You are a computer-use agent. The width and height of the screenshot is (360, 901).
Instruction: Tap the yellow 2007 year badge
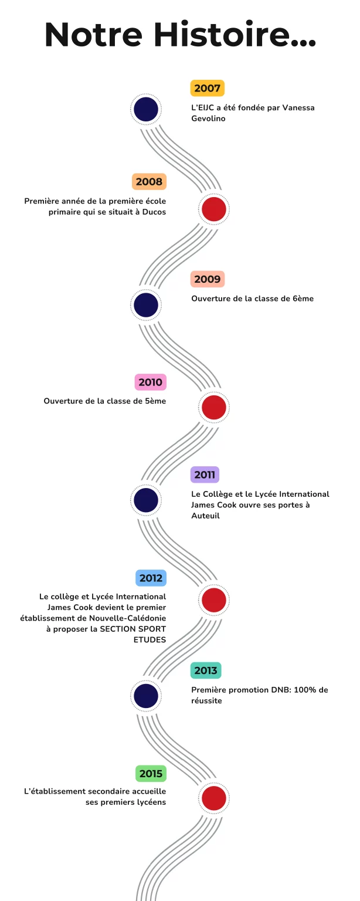207,88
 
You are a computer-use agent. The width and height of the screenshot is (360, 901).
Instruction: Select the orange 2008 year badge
149,181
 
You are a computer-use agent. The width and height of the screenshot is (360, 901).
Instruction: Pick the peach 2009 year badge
207,279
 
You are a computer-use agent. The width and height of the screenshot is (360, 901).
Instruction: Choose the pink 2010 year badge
150,382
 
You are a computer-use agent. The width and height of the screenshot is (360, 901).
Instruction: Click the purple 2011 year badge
205,475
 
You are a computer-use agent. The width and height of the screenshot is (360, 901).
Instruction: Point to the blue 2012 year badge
151,578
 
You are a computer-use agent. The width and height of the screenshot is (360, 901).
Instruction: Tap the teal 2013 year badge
206,670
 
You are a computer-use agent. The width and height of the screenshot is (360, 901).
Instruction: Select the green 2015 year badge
151,774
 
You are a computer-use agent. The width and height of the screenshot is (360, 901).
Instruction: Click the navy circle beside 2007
146,110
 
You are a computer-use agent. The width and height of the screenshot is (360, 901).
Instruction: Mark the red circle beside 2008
213,209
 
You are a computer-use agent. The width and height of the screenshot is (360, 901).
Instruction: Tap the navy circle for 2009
146,305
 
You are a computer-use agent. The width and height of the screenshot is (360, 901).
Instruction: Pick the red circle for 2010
213,408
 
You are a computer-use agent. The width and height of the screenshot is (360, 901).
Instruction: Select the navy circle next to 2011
146,500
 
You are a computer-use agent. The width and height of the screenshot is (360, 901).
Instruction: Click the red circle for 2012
213,600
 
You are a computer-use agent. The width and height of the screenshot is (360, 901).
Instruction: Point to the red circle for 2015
213,798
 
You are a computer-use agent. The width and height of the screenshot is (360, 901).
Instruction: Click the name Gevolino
208,118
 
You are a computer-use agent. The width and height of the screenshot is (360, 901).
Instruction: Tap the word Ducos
154,212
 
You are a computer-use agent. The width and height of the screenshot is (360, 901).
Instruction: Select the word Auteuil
206,516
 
